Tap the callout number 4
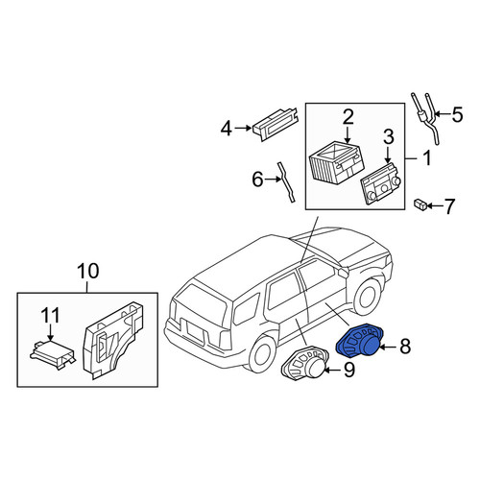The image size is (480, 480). pyautogui.click(x=226, y=129)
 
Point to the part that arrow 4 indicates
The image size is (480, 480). pyautogui.click(x=276, y=124)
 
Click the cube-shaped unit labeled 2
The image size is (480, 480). pyautogui.click(x=337, y=163)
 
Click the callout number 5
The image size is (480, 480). pyautogui.click(x=457, y=114)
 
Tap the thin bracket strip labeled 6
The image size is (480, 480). pyautogui.click(x=286, y=181)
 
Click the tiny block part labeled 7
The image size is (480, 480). pyautogui.click(x=420, y=204)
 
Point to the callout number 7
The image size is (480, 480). pyautogui.click(x=448, y=206)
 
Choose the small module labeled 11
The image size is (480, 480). pyautogui.click(x=53, y=353)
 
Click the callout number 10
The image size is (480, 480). pyautogui.click(x=88, y=271)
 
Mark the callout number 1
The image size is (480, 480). pyautogui.click(x=427, y=158)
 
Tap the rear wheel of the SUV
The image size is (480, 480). pyautogui.click(x=263, y=353)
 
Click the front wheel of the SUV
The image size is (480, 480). pyautogui.click(x=369, y=297)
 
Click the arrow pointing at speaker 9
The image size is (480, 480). pyautogui.click(x=333, y=371)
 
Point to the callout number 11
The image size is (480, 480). pyautogui.click(x=51, y=316)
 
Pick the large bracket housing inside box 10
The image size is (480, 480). pyautogui.click(x=112, y=340)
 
